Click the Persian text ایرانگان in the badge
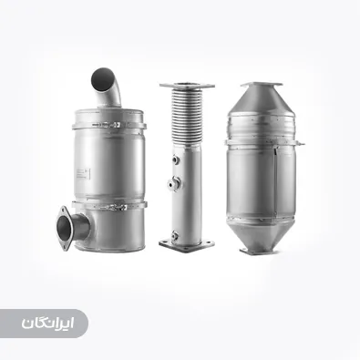47,324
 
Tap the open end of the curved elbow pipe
102,79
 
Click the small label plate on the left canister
83,174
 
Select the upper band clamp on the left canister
109,126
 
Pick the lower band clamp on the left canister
109,205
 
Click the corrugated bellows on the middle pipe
187,116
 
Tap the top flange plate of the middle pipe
187,86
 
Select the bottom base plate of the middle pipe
187,245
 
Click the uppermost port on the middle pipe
176,159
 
